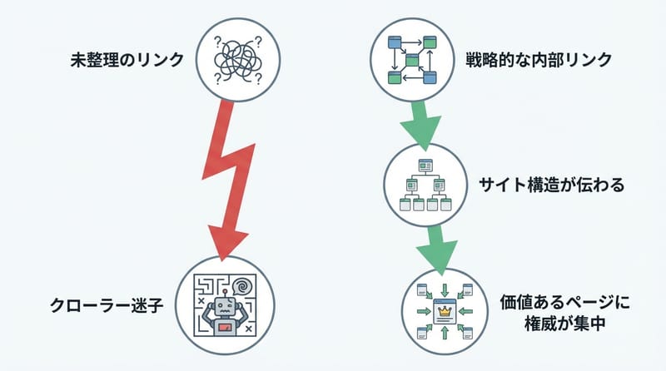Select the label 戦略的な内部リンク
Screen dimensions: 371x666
coord(539,60)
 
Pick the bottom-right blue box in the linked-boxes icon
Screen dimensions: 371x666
coord(430,78)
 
